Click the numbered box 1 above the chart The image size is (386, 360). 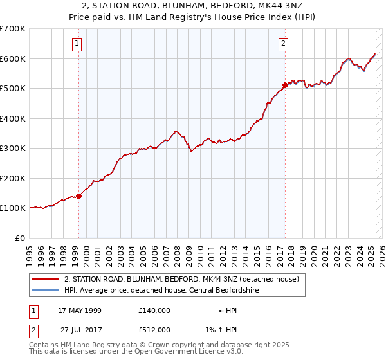click(x=77, y=44)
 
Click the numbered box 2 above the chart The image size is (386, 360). click(x=283, y=44)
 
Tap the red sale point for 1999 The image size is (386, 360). click(x=78, y=196)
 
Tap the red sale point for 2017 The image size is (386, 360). click(x=285, y=84)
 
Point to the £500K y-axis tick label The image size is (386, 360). click(x=13, y=88)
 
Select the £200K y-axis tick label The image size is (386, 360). click(x=13, y=178)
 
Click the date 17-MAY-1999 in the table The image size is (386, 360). click(x=80, y=310)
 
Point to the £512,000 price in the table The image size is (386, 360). click(x=154, y=329)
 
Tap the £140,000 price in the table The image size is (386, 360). click(x=154, y=310)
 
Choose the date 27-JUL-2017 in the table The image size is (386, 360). click(x=81, y=329)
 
